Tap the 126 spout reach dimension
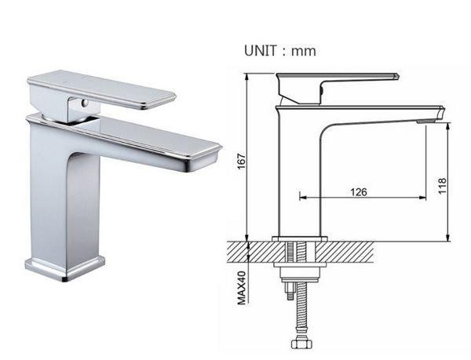click(359, 191)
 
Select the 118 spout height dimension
click(442, 186)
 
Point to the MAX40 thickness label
click(242, 288)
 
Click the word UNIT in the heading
click(260, 51)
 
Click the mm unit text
click(304, 51)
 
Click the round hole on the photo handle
click(86, 104)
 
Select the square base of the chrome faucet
click(65, 268)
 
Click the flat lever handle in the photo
click(101, 89)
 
